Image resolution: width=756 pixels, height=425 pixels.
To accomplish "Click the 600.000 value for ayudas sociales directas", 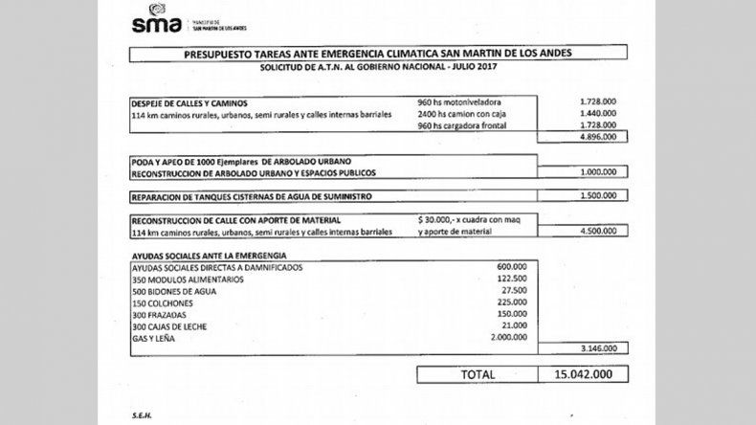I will coord(512,267).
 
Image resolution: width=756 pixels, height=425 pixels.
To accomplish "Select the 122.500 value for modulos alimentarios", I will coord(512,279).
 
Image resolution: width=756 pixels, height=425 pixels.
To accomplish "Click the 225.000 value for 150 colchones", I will coord(512,302).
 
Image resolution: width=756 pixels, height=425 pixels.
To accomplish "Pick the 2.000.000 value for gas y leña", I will coord(507,336).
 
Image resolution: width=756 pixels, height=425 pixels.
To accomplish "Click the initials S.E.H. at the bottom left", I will coord(144,416).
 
